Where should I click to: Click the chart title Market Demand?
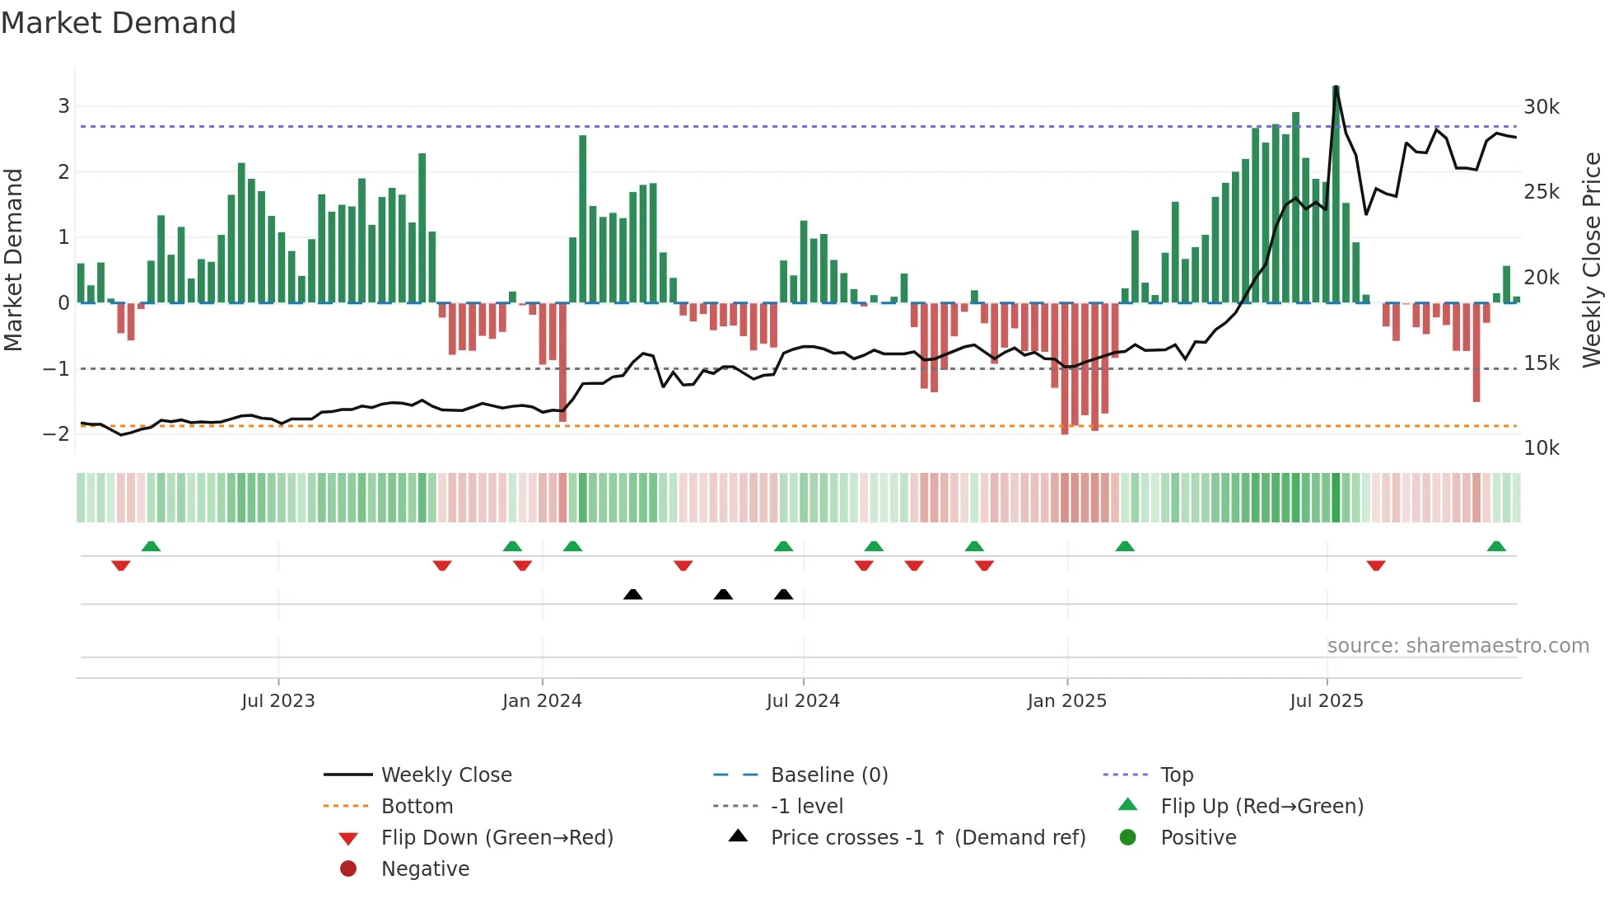click(x=119, y=23)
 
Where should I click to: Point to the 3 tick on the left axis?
click(x=63, y=106)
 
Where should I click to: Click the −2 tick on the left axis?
click(x=57, y=433)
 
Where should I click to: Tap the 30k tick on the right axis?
click(x=1541, y=107)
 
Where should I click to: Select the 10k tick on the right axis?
click(x=1541, y=448)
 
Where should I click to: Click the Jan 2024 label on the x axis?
click(x=542, y=701)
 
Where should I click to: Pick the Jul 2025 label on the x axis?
click(x=1326, y=701)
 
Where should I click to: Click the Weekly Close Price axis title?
click(x=1592, y=260)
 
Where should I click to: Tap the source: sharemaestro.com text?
click(x=1458, y=646)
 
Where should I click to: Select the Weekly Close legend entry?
click(x=445, y=775)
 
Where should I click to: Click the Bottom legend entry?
click(x=417, y=807)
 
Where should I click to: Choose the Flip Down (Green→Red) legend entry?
click(x=497, y=838)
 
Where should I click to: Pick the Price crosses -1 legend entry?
click(x=927, y=838)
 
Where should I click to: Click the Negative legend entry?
click(x=425, y=869)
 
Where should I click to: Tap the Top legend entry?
click(x=1176, y=775)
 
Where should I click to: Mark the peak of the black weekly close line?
click(x=1336, y=87)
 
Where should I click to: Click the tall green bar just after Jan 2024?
click(x=583, y=218)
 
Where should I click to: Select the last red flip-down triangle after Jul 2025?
click(x=1375, y=565)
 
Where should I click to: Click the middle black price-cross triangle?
click(x=723, y=594)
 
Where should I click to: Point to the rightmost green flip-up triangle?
click(x=1496, y=546)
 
